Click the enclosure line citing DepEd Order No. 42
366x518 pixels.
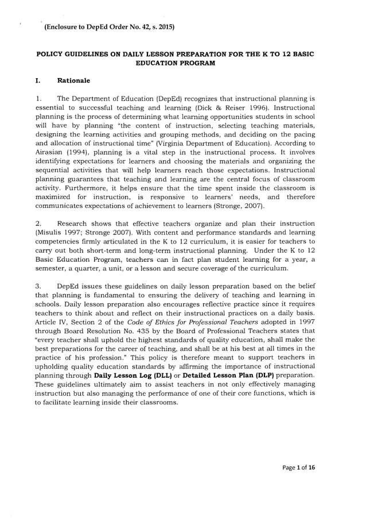click(x=108, y=26)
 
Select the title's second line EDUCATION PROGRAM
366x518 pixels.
click(x=175, y=62)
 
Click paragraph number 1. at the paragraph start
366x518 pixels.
click(x=38, y=98)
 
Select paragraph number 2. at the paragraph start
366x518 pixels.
click(x=38, y=223)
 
